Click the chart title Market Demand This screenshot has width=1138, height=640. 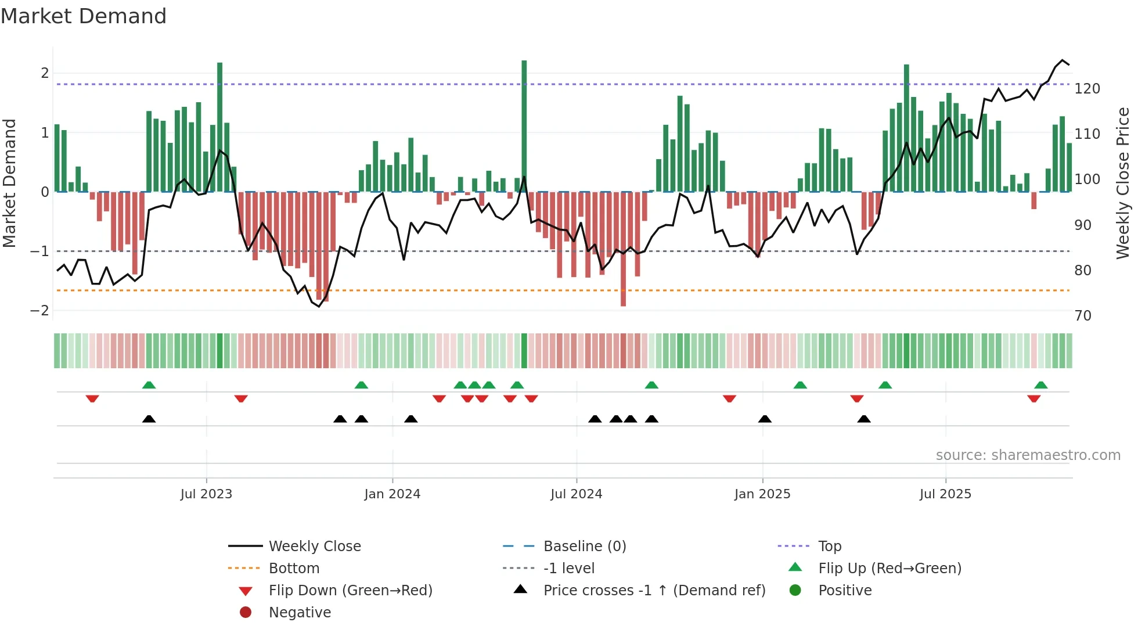click(x=84, y=16)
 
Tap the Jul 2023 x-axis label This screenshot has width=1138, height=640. click(x=206, y=494)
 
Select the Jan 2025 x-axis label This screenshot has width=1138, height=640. click(x=762, y=494)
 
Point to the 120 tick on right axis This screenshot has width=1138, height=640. click(x=1087, y=89)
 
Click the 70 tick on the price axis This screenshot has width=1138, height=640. click(x=1083, y=316)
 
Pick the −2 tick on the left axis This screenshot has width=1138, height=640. click(x=39, y=311)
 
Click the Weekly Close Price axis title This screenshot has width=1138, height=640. click(x=1123, y=183)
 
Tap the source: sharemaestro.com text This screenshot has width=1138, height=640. click(x=1028, y=455)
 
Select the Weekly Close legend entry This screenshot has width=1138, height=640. click(x=314, y=546)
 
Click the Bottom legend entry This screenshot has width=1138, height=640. click(x=294, y=569)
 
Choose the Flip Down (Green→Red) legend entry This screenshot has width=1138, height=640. click(x=350, y=591)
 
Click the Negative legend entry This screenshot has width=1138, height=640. click(x=300, y=613)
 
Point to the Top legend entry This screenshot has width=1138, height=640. click(x=829, y=546)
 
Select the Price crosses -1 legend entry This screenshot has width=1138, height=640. click(x=654, y=591)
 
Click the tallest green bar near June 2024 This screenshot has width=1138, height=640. click(x=524, y=125)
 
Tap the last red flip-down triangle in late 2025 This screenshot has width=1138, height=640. click(x=1033, y=398)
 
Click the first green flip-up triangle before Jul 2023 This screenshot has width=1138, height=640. click(x=149, y=385)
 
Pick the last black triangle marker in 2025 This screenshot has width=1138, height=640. click(x=864, y=419)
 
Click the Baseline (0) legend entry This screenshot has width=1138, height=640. click(x=584, y=546)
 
